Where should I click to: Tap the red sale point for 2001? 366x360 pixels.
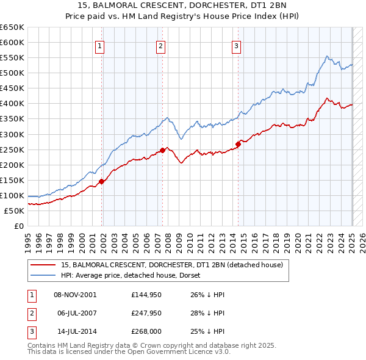click(x=102, y=181)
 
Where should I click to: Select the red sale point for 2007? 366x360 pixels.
click(x=163, y=149)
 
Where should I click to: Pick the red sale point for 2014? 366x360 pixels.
click(x=238, y=143)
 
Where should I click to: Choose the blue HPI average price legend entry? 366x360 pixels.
click(x=135, y=276)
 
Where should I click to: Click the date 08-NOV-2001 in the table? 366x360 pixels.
click(x=75, y=294)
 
